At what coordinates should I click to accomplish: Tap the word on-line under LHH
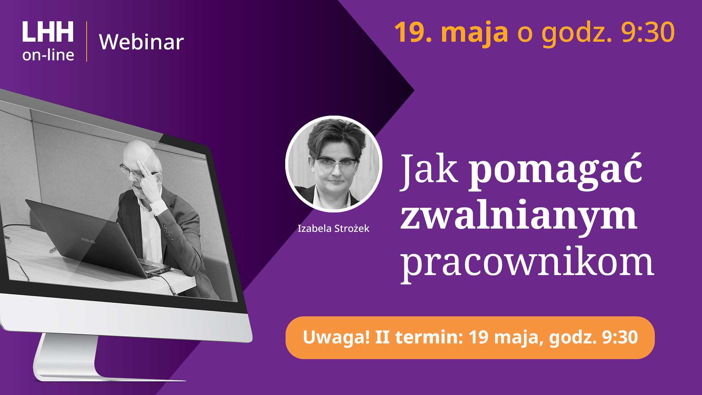(x=48, y=55)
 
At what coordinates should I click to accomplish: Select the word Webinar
(x=141, y=42)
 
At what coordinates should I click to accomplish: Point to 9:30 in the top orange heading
(x=648, y=32)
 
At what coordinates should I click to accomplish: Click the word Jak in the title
(x=429, y=169)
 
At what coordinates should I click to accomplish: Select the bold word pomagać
(x=555, y=171)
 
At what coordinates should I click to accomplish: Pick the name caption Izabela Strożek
(x=333, y=229)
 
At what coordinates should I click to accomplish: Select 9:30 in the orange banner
(x=620, y=337)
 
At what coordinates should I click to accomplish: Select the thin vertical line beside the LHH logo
(x=87, y=41)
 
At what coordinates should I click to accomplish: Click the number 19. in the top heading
(x=413, y=32)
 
